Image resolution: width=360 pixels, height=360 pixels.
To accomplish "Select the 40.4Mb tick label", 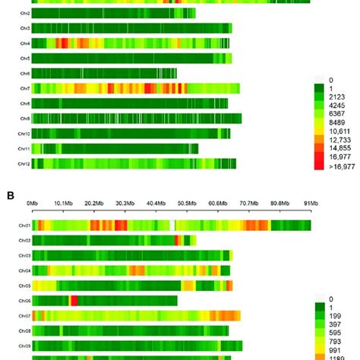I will pos(155,203).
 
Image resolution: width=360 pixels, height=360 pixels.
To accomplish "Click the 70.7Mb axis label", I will pos(248,203).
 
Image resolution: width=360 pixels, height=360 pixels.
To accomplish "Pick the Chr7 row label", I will pos(24,89).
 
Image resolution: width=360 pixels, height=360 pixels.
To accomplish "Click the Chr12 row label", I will pos(24,163).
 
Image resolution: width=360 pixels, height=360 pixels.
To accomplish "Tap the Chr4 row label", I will pos(24,44).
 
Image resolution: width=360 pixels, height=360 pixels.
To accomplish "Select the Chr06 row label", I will pos(24,300).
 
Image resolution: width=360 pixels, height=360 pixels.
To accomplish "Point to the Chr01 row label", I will pos(24,226).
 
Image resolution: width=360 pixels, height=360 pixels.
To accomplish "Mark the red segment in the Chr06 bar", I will pos(74,300).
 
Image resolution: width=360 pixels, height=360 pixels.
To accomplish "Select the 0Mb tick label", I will pos(33,203).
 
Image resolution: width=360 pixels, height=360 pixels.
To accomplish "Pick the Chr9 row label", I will pos(24,118).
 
